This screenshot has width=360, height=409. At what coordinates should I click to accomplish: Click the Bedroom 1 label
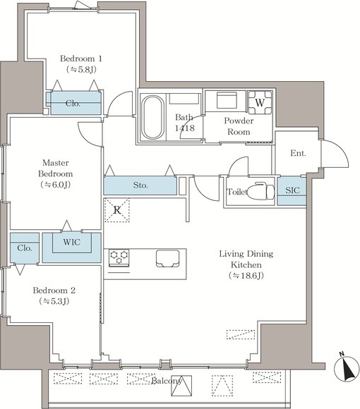[81, 59]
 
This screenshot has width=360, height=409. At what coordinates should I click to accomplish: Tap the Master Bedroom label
[55, 169]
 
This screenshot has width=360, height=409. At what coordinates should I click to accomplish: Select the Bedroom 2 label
[54, 291]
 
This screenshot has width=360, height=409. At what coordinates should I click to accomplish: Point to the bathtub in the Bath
[152, 117]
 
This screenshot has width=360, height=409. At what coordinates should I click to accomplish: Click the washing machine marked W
[260, 102]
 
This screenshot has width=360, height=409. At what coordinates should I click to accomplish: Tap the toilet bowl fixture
[260, 192]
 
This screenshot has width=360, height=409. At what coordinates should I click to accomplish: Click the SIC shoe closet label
[292, 190]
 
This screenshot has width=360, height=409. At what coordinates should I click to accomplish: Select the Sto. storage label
[140, 185]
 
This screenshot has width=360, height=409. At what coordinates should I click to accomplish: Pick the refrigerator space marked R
[117, 210]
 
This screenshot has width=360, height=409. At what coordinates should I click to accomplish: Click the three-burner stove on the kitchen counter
[119, 257]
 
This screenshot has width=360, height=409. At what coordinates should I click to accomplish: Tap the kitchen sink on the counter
[168, 259]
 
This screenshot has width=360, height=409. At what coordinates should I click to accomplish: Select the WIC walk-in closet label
[71, 242]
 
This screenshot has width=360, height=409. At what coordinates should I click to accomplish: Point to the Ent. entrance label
[298, 153]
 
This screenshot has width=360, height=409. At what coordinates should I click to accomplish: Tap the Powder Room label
[239, 126]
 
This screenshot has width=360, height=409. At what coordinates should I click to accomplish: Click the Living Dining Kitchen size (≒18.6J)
[246, 276]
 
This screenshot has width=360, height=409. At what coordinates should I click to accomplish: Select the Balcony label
[167, 381]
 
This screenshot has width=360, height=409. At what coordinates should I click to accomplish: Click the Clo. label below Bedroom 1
[73, 104]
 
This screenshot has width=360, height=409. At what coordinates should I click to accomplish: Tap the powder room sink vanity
[227, 99]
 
